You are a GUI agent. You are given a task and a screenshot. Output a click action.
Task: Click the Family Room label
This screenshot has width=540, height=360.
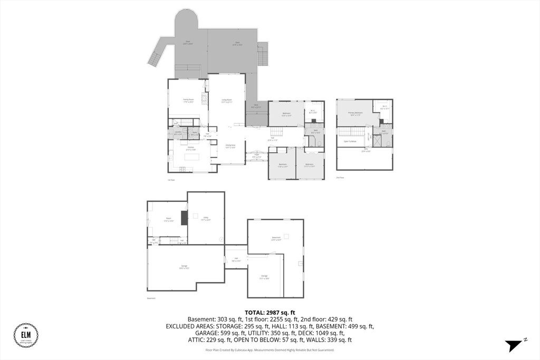coord(188,100)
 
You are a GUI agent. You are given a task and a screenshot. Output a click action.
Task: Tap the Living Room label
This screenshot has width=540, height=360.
coord(227,100)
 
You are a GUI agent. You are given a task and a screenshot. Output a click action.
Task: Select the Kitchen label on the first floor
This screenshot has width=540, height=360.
coord(190,148)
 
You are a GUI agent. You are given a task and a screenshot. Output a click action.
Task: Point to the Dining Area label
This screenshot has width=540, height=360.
coord(230,146)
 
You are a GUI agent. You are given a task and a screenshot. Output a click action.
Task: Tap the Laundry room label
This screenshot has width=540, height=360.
coord(178,133)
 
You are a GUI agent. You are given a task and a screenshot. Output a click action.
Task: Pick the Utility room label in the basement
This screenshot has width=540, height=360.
coord(206,219)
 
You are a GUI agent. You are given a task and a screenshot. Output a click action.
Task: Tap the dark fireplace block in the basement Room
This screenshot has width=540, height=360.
coord(184,218)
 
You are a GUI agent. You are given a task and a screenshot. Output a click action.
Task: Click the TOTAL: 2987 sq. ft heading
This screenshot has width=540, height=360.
coord(269,312)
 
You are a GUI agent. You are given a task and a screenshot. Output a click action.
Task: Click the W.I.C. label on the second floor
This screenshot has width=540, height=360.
coord(383,108)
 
